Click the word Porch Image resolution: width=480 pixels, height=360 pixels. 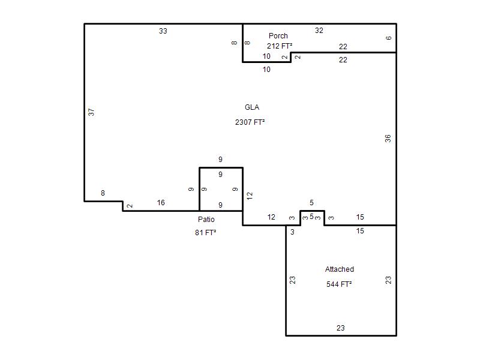tap(278, 36)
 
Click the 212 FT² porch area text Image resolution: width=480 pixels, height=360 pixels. tap(280, 46)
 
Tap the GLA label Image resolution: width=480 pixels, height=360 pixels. tap(252, 107)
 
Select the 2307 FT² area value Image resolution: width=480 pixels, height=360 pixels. tap(250, 122)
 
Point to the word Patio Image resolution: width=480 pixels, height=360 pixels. tap(206, 219)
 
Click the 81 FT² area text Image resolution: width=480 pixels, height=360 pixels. tap(205, 233)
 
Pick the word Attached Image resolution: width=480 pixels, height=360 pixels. tap(340, 269)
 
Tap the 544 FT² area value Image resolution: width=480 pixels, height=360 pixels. tap(339, 284)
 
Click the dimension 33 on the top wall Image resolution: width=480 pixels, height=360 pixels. tap(163, 31)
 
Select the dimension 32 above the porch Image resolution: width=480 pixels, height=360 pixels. tap(319, 31)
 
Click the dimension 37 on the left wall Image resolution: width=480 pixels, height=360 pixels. tap(91, 112)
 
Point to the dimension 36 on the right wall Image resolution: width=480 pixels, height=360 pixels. tap(388, 139)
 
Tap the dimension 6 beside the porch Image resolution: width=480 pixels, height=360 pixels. tap(388, 38)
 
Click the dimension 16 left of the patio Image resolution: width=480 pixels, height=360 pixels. tap(161, 202)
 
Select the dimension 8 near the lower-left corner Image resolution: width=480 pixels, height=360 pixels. tap(103, 193)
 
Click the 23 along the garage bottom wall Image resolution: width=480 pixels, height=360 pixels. tap(340, 328)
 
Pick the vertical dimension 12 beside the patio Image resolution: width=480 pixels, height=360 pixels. tap(250, 196)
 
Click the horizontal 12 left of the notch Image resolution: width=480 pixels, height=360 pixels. tap(271, 217)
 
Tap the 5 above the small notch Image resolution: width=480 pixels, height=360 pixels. tap(311, 202)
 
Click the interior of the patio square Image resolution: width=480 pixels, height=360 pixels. tap(221, 189)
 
